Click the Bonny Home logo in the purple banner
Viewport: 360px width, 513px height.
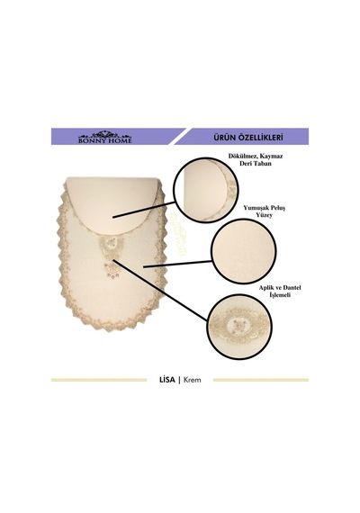[x=104, y=137]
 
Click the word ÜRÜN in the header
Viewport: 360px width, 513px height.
[x=226, y=137]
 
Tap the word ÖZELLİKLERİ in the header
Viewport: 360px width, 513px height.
[x=262, y=137]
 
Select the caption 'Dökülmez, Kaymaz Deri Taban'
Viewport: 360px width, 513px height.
[x=256, y=159]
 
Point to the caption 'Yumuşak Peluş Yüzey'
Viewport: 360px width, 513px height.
[x=264, y=211]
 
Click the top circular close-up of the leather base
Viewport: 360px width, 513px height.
[x=206, y=190]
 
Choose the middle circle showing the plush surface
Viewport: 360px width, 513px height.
[x=244, y=251]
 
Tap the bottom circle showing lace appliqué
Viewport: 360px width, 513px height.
[x=239, y=326]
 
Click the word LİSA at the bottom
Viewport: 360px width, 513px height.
[x=166, y=380]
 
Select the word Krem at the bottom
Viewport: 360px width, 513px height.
[x=193, y=380]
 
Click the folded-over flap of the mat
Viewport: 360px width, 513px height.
[x=112, y=202]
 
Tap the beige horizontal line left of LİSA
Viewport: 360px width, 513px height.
[x=99, y=380]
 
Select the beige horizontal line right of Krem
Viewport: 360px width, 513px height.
[x=261, y=380]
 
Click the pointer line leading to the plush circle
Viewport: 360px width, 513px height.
[x=177, y=264]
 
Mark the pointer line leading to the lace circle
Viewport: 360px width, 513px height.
[x=159, y=290]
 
